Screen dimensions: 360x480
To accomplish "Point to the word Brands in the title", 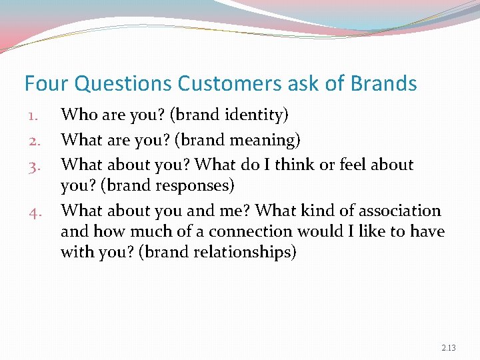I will [382, 84].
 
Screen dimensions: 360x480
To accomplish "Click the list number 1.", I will [34, 116].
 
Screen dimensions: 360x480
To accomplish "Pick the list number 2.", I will [34, 141].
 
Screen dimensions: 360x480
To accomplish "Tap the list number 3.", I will [34, 165].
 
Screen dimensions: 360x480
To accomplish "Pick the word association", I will [400, 211].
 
